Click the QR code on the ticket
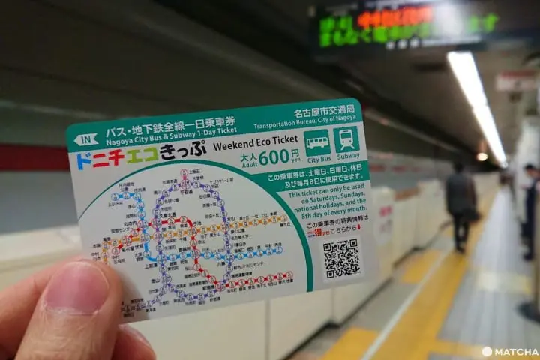(x=341, y=258)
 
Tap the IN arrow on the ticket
(x=86, y=139)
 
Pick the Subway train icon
(x=346, y=139)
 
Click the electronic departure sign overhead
(x=406, y=27)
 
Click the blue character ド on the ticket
(x=82, y=161)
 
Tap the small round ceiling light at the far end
(x=481, y=157)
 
